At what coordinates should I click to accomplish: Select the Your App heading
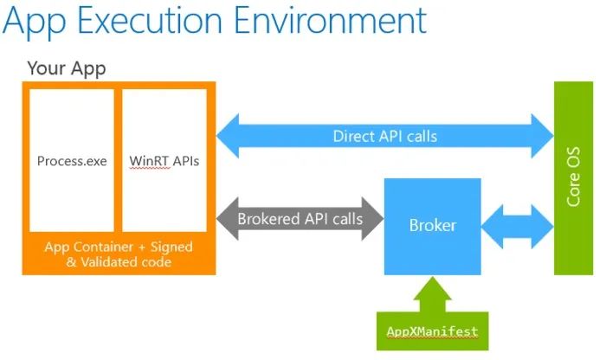(x=68, y=67)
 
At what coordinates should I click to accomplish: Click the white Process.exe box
(x=72, y=160)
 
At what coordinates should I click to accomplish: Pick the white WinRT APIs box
(x=164, y=160)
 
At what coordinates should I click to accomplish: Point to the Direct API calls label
(x=384, y=136)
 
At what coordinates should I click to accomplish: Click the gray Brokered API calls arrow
(x=300, y=219)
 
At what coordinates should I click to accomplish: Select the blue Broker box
(x=432, y=226)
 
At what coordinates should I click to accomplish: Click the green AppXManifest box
(x=432, y=331)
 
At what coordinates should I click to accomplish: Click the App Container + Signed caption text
(x=119, y=247)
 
